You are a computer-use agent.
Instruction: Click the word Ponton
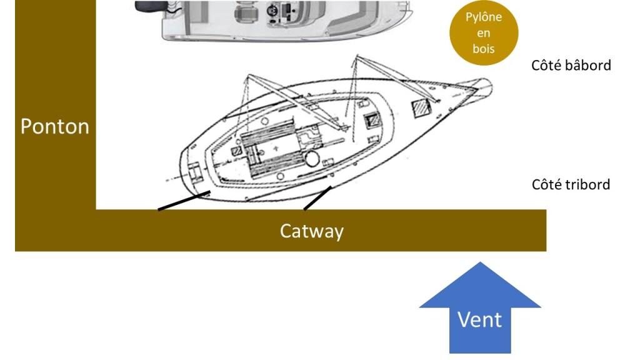(x=55, y=126)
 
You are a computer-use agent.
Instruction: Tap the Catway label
(x=311, y=231)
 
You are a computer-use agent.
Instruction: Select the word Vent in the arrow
(x=479, y=319)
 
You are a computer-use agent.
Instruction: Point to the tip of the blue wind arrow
(x=479, y=264)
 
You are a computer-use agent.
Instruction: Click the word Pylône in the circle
(x=483, y=17)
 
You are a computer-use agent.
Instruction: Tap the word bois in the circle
(x=483, y=49)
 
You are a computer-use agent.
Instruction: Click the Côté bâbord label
(x=571, y=65)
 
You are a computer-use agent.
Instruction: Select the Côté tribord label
(x=571, y=184)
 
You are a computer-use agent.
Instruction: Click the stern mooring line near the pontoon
(x=182, y=201)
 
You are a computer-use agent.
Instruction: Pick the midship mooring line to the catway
(x=317, y=198)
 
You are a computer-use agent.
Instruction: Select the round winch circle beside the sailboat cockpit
(x=312, y=157)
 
